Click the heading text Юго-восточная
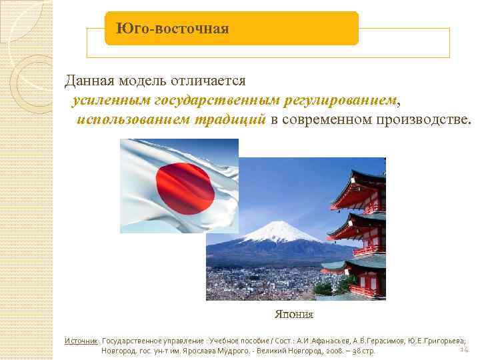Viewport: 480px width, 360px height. point(172,29)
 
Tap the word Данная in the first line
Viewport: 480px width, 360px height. point(89,81)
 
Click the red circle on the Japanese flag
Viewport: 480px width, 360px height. point(185,185)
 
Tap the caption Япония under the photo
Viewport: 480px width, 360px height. point(294,314)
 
